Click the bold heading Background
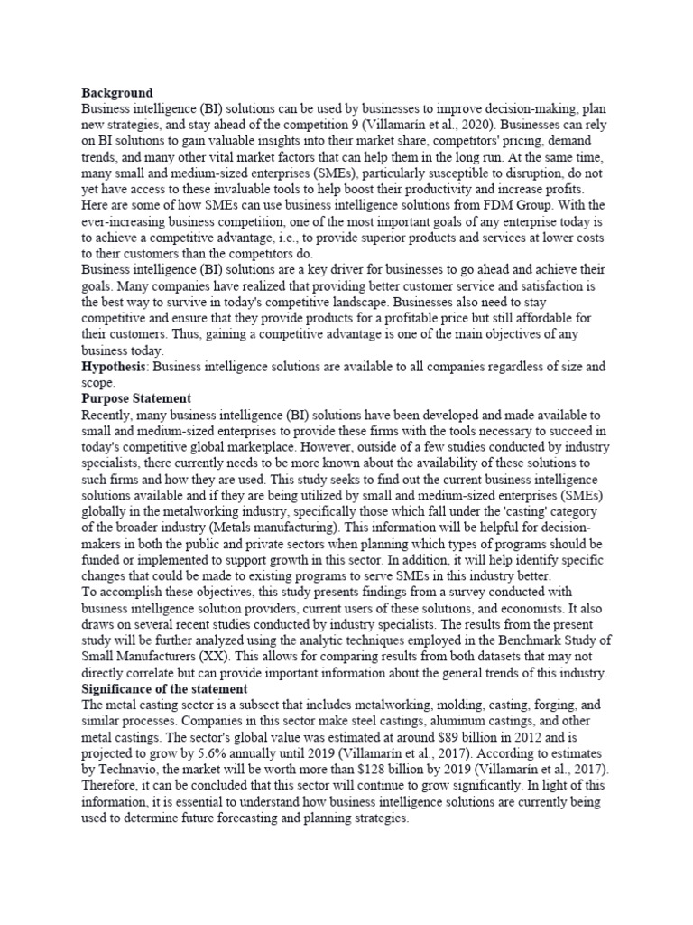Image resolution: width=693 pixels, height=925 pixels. point(116,92)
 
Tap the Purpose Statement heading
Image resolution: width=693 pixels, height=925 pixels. point(135,398)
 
